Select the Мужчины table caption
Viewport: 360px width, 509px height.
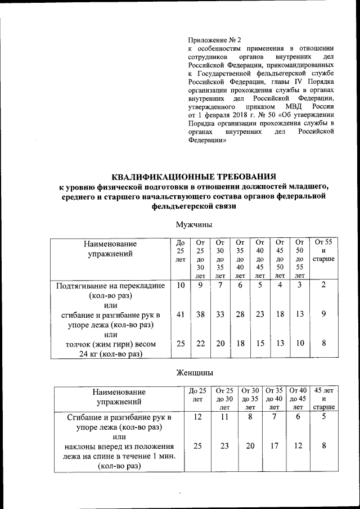[x=193, y=224]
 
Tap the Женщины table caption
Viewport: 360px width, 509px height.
[x=193, y=372]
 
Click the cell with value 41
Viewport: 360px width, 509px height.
[x=181, y=316]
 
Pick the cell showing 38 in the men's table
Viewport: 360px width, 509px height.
[x=201, y=316]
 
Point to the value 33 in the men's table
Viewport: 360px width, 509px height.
[x=220, y=316]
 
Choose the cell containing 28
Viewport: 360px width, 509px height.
[x=240, y=316]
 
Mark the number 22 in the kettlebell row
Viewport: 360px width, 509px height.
[x=201, y=344]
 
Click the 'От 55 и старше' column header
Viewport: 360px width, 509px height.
[x=323, y=250]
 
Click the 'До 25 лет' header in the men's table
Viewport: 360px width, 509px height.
[x=181, y=250]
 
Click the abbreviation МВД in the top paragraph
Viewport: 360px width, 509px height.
[x=289, y=106]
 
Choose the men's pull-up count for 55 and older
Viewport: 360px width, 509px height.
[x=323, y=286]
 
